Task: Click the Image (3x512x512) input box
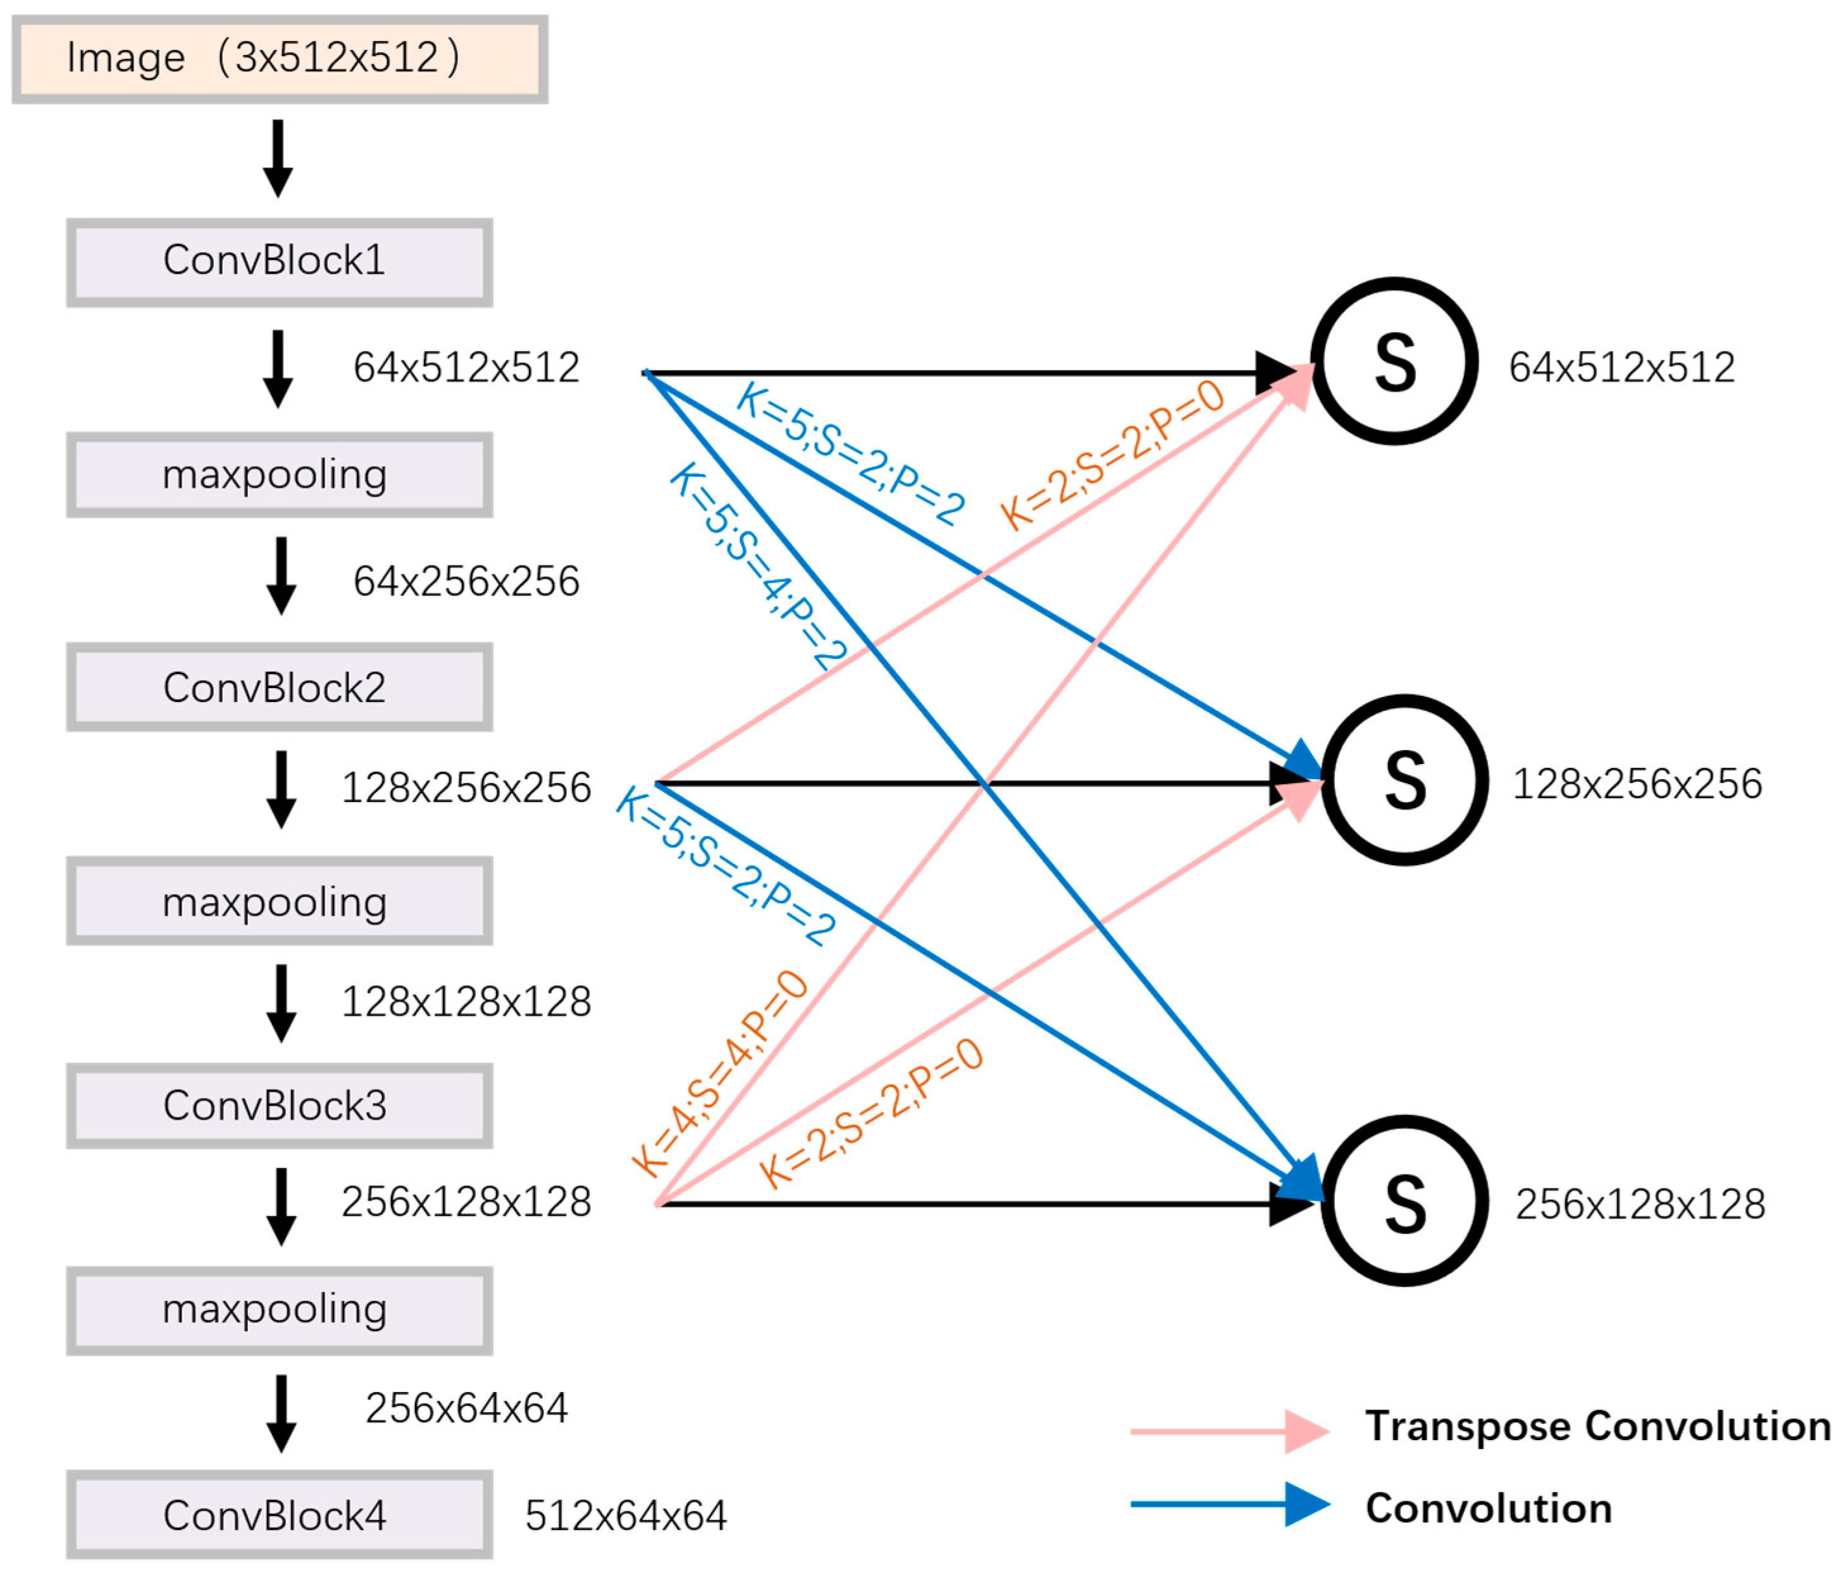[x=280, y=59]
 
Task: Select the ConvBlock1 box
[x=280, y=262]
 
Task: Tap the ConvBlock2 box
[x=280, y=687]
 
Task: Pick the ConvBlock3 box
[x=280, y=1106]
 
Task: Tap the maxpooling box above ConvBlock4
[x=280, y=1310]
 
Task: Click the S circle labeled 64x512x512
[x=1394, y=361]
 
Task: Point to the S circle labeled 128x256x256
[x=1404, y=780]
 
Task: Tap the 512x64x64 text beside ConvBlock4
[x=626, y=1516]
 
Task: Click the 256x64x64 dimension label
[x=466, y=1408]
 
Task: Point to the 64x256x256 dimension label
[x=466, y=582]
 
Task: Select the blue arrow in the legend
[x=1229, y=1505]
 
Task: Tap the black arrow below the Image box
[x=278, y=158]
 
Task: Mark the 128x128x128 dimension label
[x=466, y=1002]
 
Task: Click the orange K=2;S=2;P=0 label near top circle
[x=1112, y=454]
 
